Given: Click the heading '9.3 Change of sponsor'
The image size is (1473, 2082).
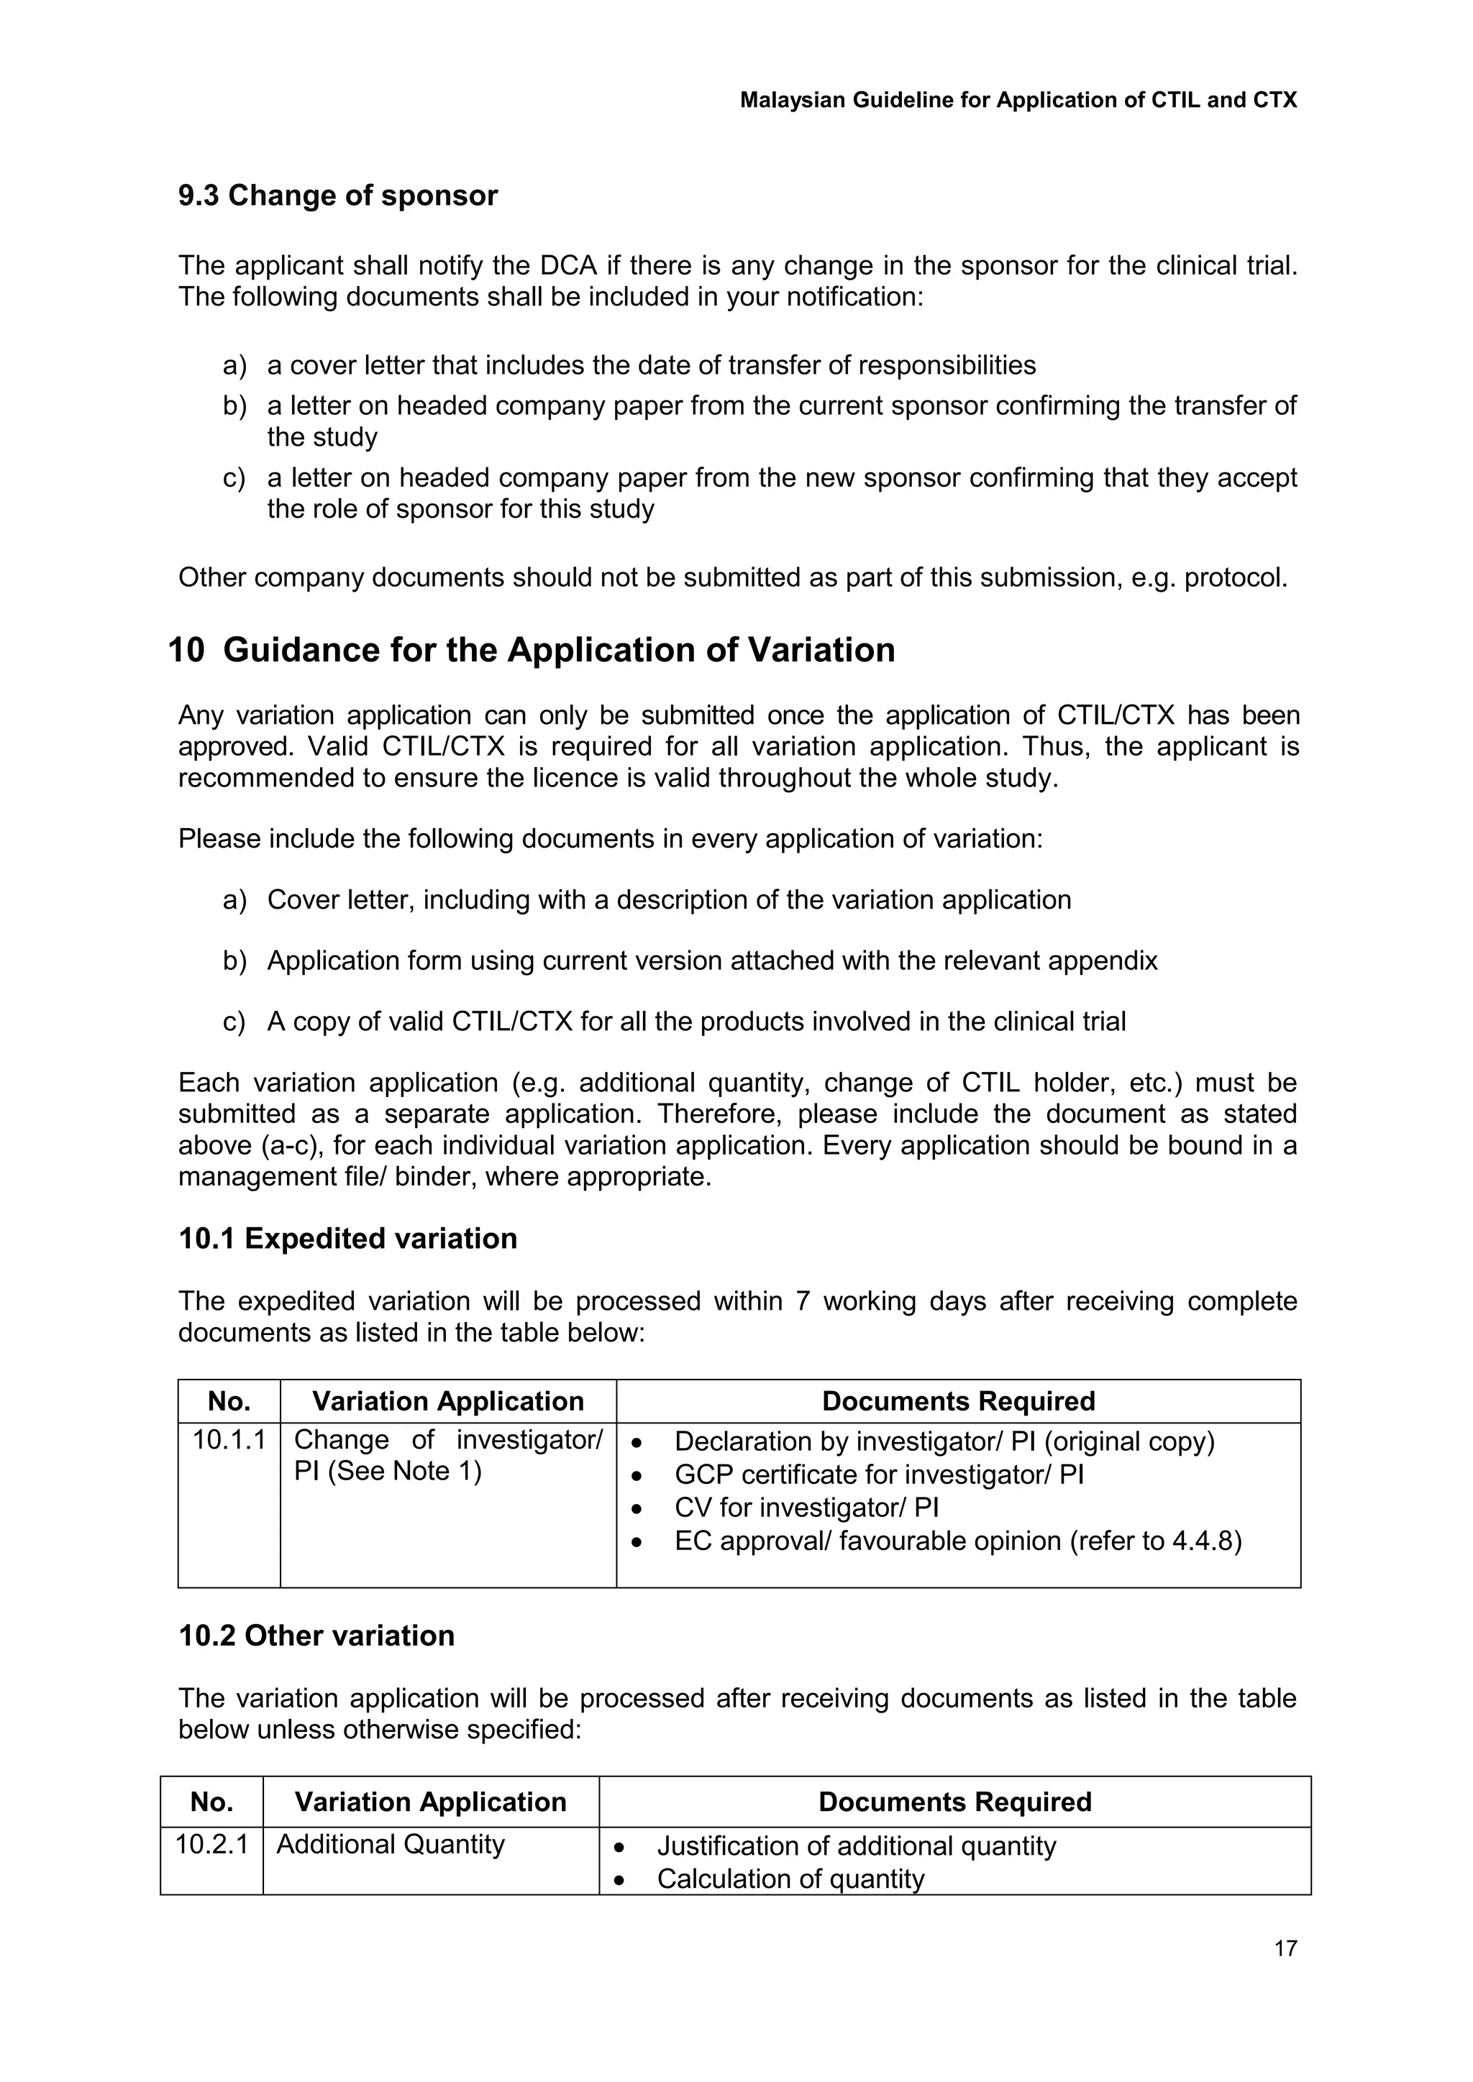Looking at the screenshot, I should [337, 195].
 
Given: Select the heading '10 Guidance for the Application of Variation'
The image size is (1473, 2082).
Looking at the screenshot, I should [532, 650].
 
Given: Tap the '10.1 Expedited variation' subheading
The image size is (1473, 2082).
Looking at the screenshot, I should [347, 1239].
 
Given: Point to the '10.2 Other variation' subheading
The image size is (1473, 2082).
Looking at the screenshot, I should [316, 1636].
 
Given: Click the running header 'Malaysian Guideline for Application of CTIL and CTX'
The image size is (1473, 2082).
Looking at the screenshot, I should [1018, 100].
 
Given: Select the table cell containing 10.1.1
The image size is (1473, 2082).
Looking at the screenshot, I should [229, 1440].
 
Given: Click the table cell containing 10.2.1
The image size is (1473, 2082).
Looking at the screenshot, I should [211, 1845].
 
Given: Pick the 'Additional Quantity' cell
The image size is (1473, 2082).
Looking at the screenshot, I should [390, 1845].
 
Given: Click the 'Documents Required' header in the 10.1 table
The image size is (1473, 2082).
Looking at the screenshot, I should [958, 1401].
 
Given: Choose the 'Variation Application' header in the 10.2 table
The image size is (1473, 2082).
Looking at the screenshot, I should [430, 1802].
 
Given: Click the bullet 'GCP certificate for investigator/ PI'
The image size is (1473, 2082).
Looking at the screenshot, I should [878, 1475].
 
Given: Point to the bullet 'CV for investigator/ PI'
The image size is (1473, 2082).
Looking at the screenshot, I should [806, 1508].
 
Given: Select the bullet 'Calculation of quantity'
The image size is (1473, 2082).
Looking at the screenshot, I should [789, 1879].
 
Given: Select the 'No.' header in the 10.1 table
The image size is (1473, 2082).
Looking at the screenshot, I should [229, 1401].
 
